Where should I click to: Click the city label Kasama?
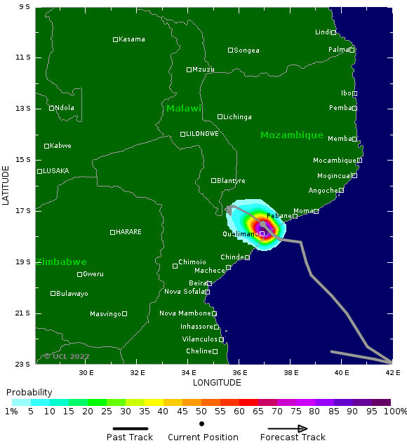tap(132, 39)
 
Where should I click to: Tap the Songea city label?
tap(246, 50)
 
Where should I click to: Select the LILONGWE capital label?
tap(202, 134)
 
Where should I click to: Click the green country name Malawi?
tap(184, 109)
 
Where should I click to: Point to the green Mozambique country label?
tap(291, 135)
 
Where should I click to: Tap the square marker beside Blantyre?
tap(214, 180)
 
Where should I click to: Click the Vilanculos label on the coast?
tap(199, 339)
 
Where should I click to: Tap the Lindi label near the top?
tap(322, 32)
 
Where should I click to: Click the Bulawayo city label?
tap(72, 294)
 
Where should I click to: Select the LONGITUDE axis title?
tap(217, 383)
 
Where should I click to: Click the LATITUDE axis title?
tap(6, 185)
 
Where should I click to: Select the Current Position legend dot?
tap(201, 424)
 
